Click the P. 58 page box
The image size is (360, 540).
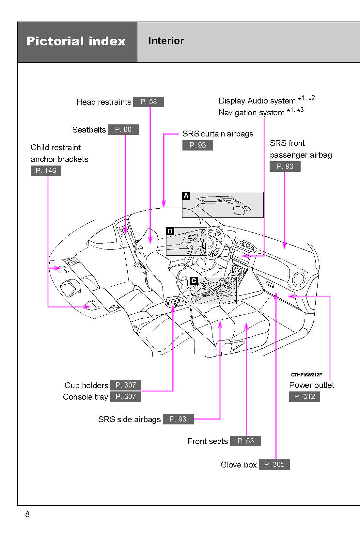(149, 102)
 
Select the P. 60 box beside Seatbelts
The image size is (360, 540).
(123, 130)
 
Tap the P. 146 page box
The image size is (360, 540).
(46, 171)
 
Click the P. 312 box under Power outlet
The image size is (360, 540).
(305, 397)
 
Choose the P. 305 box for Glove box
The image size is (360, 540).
(274, 465)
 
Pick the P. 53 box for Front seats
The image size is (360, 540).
(245, 441)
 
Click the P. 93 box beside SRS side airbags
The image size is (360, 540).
(178, 419)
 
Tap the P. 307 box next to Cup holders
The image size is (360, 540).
(126, 385)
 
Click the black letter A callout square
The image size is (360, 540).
(186, 196)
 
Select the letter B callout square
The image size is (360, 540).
(170, 231)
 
